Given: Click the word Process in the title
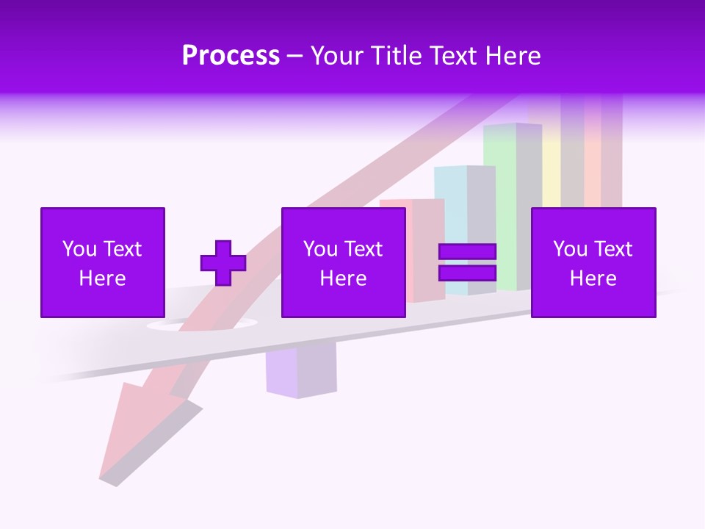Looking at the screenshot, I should pyautogui.click(x=231, y=56).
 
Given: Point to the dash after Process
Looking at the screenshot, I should pyautogui.click(x=294, y=57).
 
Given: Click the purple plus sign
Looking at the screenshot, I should pyautogui.click(x=223, y=263).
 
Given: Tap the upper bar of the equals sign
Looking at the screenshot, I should pyautogui.click(x=467, y=252).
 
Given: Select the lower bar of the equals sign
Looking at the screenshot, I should pyautogui.click(x=467, y=273).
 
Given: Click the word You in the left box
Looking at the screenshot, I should pyautogui.click(x=79, y=249).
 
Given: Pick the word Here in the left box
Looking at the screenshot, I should pyautogui.click(x=102, y=278).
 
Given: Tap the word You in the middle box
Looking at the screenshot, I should pyautogui.click(x=320, y=249).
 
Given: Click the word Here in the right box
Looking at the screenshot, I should pyautogui.click(x=593, y=278).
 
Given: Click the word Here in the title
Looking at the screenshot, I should pyautogui.click(x=513, y=56).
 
